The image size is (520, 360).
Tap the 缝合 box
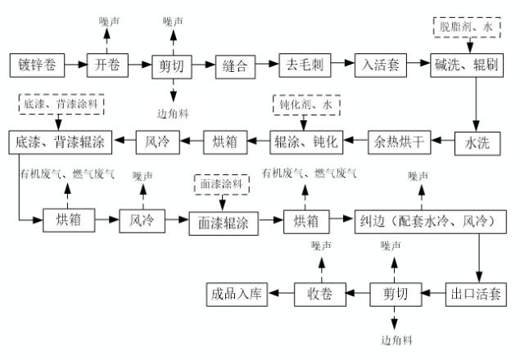[x=237, y=63]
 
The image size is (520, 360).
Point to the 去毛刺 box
[x=305, y=63]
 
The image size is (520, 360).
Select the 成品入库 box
[x=236, y=292]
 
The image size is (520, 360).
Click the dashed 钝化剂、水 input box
[x=305, y=106]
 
